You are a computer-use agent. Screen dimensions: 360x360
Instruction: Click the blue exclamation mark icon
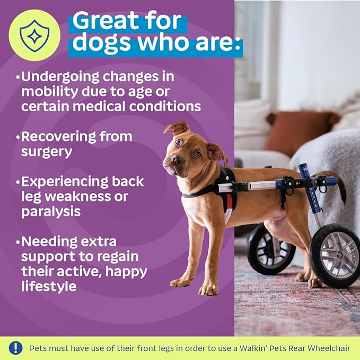click(x=16, y=348)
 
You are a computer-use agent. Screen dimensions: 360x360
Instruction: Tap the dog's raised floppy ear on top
click(x=177, y=128)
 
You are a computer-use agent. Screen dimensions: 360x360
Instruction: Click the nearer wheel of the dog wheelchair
click(x=336, y=256)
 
